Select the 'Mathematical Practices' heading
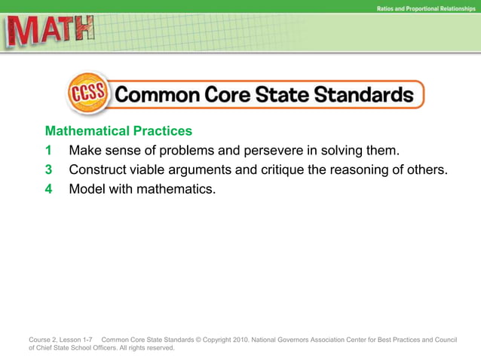[118, 131]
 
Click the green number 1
[48, 150]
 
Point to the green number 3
[48, 169]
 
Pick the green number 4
[48, 189]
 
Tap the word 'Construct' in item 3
[100, 169]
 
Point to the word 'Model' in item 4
[87, 189]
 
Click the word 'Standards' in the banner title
[360, 96]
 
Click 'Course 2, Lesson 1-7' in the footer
[61, 340]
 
